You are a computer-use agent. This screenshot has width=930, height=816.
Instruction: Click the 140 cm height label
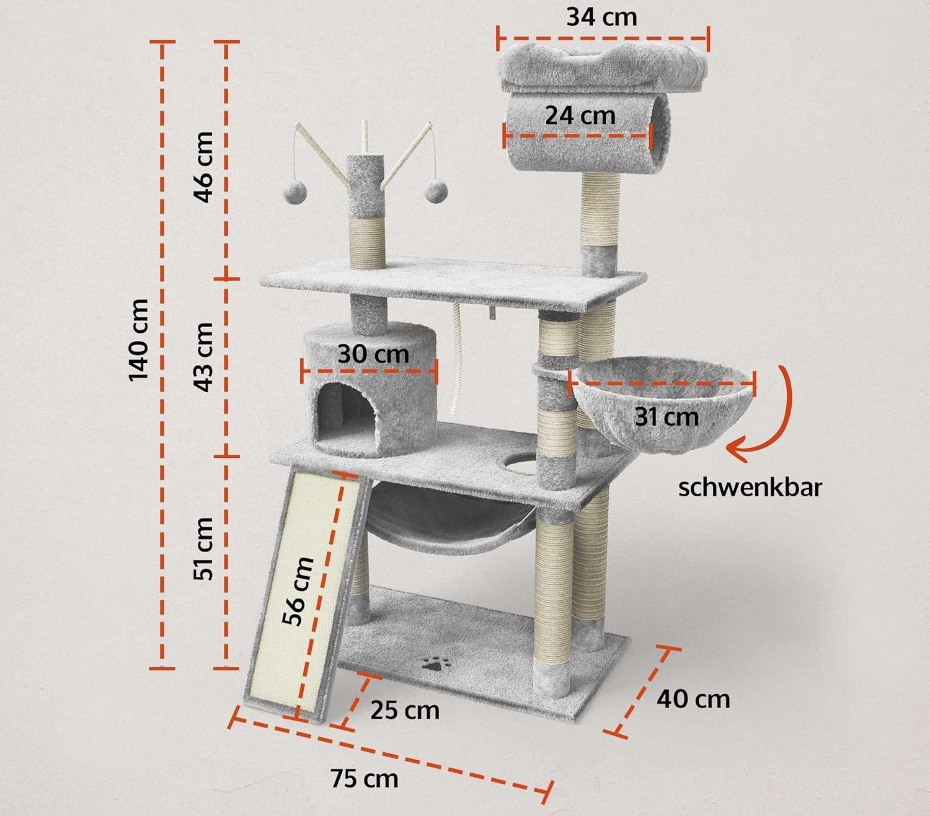pyautogui.click(x=139, y=340)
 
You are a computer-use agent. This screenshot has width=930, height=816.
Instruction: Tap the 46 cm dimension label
pyautogui.click(x=203, y=167)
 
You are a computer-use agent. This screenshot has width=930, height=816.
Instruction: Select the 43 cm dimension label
pyautogui.click(x=203, y=357)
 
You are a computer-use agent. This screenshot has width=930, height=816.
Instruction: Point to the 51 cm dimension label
pyautogui.click(x=203, y=548)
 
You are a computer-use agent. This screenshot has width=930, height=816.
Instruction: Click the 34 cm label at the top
pyautogui.click(x=602, y=17)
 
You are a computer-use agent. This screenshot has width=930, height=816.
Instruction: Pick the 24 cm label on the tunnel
pyautogui.click(x=580, y=115)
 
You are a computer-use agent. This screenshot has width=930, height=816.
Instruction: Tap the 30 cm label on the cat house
pyautogui.click(x=373, y=354)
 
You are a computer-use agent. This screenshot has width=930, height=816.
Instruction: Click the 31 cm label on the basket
pyautogui.click(x=666, y=417)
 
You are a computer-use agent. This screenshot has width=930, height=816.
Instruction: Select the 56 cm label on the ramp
pyautogui.click(x=298, y=591)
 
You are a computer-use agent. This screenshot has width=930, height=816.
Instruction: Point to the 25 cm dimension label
pyautogui.click(x=405, y=711)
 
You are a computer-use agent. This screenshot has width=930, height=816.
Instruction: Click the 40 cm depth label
pyautogui.click(x=693, y=700)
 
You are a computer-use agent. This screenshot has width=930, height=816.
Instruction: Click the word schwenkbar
pyautogui.click(x=750, y=488)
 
